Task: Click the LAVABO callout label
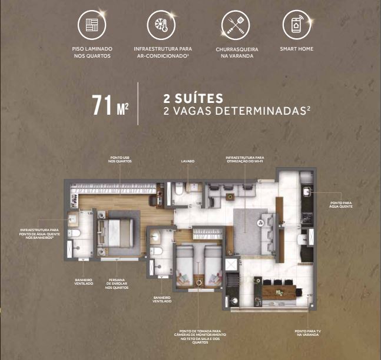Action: point(188,160)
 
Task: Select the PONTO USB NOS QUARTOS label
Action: point(120,159)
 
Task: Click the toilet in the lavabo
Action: point(178,191)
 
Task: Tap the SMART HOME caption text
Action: point(297,48)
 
